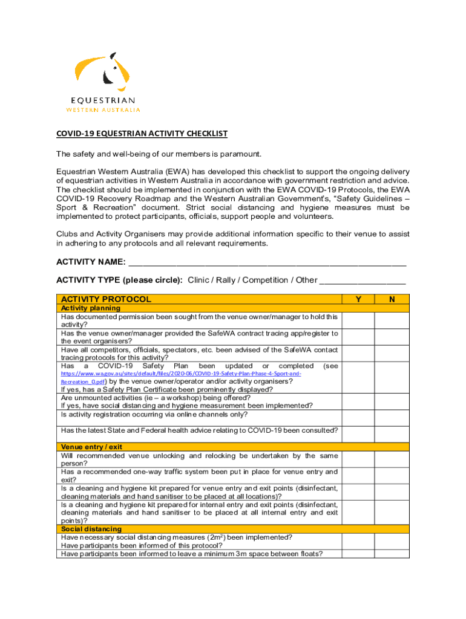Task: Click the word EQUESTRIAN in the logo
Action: [x=103, y=100]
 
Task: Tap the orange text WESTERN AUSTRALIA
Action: [x=103, y=110]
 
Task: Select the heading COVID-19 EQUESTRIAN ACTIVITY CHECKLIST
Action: [x=142, y=134]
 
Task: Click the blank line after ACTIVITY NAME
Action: [x=267, y=262]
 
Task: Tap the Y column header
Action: [x=358, y=299]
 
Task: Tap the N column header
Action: [x=392, y=299]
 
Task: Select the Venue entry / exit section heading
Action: [x=92, y=447]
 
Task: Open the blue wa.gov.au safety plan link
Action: [x=181, y=374]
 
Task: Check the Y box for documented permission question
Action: [x=358, y=320]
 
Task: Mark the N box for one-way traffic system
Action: [x=392, y=476]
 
